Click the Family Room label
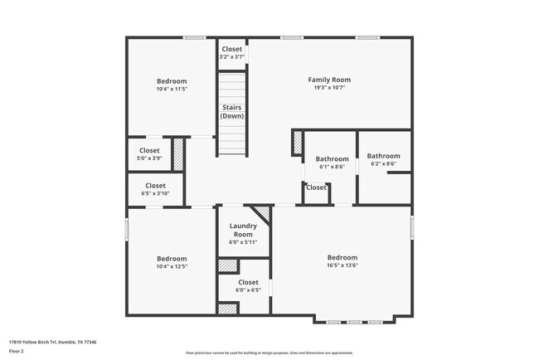coord(329,80)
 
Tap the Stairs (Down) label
coord(231,111)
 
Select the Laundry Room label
coord(243,230)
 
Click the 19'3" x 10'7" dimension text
coord(329,88)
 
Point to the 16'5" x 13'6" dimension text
coord(342,266)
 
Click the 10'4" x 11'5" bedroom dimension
coord(172,89)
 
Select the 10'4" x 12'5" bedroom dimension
coord(172,267)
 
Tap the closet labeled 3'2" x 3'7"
coord(231,52)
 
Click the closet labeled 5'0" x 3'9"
coord(149,154)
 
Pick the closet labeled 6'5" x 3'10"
coord(155,189)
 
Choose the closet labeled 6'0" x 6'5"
coord(248,286)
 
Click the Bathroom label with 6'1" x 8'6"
coord(331,162)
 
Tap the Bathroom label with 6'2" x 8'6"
coord(383,159)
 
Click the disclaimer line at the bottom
coord(269,353)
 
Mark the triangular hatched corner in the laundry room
coord(264,212)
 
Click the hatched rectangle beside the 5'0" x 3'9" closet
coord(177,155)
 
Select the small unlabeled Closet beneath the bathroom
coord(316,187)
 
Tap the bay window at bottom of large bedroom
coord(354,320)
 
